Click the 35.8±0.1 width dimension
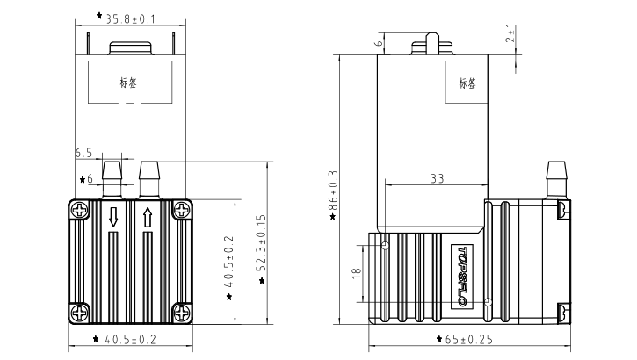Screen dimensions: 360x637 coord(132,18)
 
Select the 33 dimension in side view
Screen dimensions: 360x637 coord(436,179)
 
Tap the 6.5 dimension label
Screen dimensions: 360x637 coord(84,153)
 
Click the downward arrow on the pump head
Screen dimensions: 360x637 coord(113,217)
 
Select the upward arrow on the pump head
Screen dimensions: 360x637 coord(148,217)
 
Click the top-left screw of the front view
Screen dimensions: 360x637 coord(80,211)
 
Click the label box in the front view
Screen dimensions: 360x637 coord(129,83)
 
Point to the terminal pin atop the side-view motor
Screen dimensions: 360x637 coord(431,45)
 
